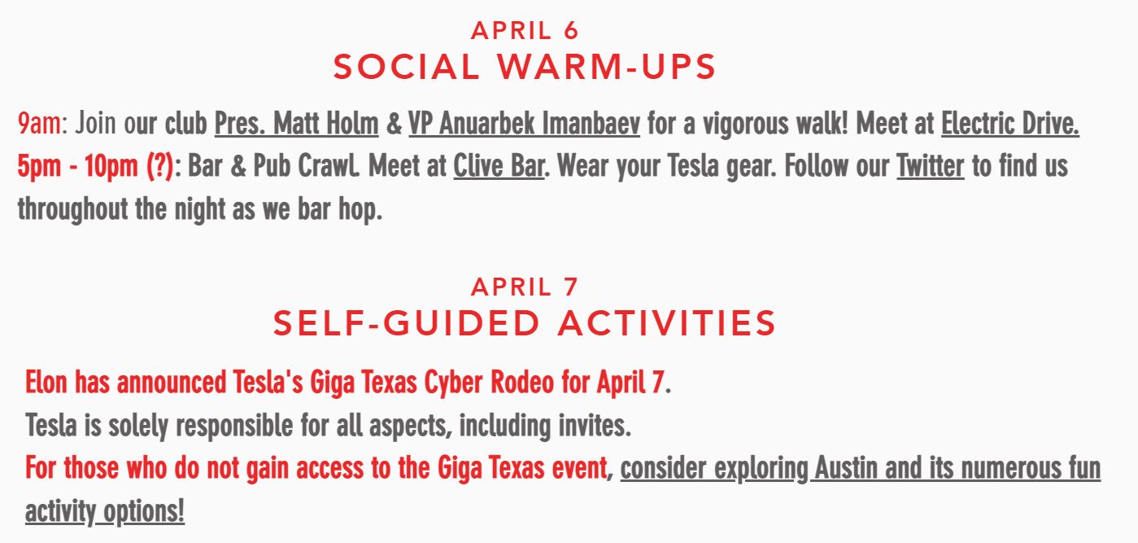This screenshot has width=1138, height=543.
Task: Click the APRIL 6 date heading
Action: (525, 30)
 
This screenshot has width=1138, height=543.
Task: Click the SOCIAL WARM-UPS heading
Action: (525, 67)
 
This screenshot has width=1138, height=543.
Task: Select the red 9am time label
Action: (39, 123)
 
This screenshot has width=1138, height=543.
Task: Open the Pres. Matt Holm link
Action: (297, 124)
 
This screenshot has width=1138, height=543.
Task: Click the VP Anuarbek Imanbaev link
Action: (525, 124)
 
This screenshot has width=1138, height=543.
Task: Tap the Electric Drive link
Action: (1010, 124)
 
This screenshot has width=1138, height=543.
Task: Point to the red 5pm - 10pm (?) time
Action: (95, 166)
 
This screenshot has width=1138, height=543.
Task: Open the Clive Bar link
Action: (499, 166)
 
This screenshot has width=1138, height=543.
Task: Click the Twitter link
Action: (931, 166)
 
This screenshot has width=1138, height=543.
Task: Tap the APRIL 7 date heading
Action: (525, 287)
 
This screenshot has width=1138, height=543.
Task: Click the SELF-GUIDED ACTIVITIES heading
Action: (525, 323)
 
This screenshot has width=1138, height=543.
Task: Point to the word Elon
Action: (46, 382)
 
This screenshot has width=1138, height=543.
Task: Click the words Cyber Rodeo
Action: (489, 383)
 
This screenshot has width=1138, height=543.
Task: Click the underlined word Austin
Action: (847, 468)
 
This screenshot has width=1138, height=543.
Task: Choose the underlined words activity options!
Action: (105, 511)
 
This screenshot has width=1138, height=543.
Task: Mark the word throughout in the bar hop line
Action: (72, 209)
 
